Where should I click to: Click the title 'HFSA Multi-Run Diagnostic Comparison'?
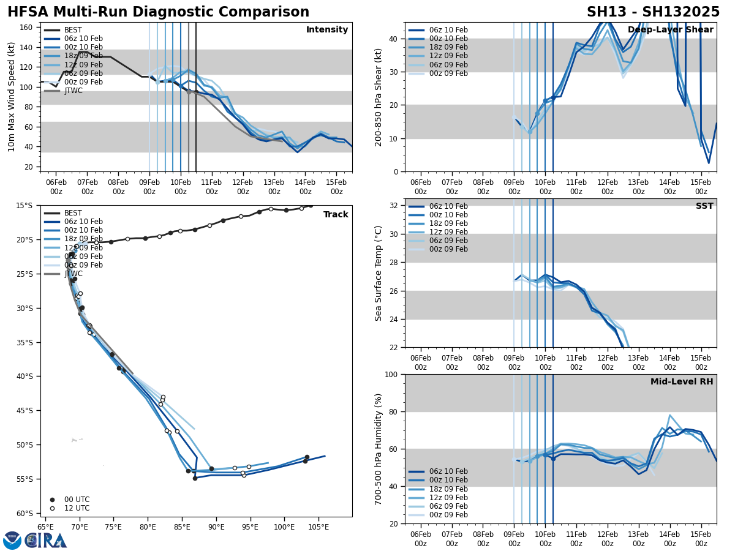click(158, 12)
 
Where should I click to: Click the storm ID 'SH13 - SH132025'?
click(653, 12)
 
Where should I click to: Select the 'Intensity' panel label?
click(327, 30)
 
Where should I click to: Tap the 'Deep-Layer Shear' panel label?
click(670, 30)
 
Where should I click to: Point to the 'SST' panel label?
click(704, 206)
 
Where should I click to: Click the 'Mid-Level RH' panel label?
click(682, 382)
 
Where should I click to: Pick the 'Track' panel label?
click(336, 215)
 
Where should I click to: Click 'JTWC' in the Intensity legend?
click(73, 91)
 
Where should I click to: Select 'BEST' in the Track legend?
click(73, 213)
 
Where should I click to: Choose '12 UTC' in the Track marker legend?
click(77, 508)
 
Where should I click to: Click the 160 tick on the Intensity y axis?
click(26, 28)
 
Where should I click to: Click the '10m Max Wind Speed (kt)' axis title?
click(12, 97)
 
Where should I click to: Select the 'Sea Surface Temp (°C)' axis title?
click(379, 273)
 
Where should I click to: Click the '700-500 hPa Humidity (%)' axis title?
click(379, 449)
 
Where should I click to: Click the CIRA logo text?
click(47, 541)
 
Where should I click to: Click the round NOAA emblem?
click(12, 541)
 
